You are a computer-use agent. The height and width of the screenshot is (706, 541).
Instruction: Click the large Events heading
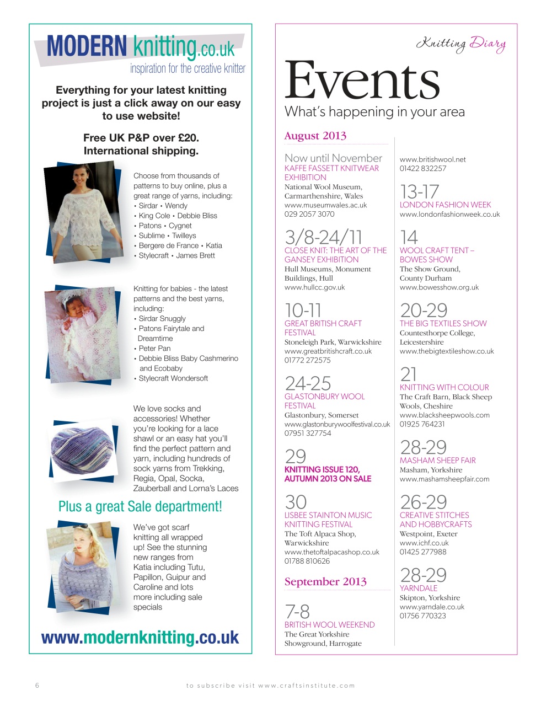pos(361,81)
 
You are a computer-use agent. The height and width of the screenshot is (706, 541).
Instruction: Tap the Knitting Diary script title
pos(460,44)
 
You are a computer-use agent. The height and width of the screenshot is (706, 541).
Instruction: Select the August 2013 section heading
pos(315,136)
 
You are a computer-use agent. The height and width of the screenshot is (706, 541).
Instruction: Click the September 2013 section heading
pos(325,581)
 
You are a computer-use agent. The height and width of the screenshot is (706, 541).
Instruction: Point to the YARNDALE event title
pos(419,588)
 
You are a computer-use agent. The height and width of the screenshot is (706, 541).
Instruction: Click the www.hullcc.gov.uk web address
pos(314,287)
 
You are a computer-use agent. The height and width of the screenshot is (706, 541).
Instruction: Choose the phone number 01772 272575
pos(308,360)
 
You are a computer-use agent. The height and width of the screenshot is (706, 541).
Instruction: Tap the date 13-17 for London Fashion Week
pos(419,192)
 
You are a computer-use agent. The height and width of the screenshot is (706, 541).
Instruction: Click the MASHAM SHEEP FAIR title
pos(437,460)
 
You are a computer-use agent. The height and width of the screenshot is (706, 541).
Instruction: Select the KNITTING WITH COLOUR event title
pos(444,387)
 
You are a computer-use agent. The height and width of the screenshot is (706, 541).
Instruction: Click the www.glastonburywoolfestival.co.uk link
pos(337,424)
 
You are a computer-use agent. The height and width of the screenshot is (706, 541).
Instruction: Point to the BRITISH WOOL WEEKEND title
pos(329,624)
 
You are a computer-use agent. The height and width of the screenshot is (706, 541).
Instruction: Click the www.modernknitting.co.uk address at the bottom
pos(140,638)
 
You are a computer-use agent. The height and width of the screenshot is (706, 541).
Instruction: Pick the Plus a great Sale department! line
pos(140,506)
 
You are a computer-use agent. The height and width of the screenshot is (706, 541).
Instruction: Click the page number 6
pos(37,686)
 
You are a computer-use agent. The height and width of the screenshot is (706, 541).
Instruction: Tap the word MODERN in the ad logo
pos(87,46)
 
